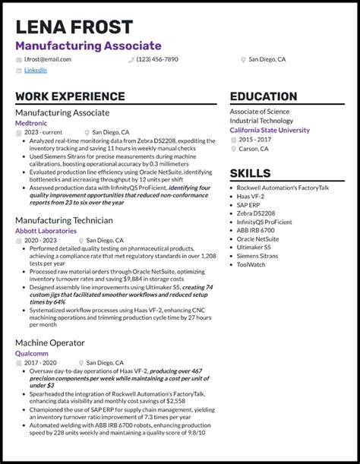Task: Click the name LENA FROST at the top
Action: [74, 27]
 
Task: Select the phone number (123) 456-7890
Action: [157, 59]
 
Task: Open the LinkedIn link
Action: [35, 70]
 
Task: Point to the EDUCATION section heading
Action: [264, 97]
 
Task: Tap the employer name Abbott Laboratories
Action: [46, 231]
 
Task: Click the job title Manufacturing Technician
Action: [64, 220]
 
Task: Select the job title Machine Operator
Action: [51, 342]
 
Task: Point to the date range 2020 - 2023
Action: [39, 240]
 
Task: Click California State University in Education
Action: [270, 130]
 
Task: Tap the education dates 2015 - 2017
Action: [254, 140]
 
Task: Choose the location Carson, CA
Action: [254, 149]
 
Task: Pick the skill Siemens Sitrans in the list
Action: [258, 257]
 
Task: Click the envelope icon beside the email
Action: [18, 59]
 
